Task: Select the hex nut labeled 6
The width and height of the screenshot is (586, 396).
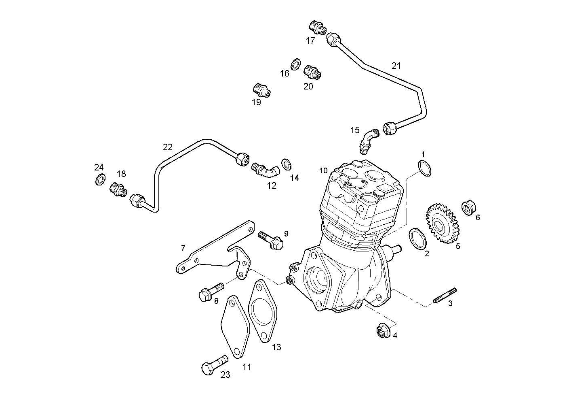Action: coord(468,208)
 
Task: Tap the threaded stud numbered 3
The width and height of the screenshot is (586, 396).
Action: coord(445,295)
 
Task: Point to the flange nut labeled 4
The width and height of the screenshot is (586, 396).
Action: coord(382,331)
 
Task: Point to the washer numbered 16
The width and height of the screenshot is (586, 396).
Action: coord(295,64)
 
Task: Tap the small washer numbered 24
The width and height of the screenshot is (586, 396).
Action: coord(100,179)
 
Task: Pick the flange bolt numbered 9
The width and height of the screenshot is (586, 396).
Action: coord(271,239)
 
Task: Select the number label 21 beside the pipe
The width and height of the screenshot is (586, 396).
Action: coord(396,66)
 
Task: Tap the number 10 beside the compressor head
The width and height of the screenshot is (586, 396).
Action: coord(323,170)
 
